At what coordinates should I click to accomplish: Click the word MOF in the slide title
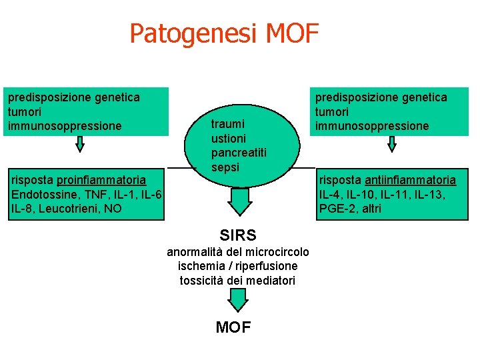(293, 32)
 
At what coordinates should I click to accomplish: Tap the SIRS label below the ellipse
(238, 235)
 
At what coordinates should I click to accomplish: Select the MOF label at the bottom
(233, 327)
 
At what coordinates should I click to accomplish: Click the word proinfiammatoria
(101, 180)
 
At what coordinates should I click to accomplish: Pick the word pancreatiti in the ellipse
(239, 153)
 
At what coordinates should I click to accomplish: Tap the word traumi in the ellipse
(228, 123)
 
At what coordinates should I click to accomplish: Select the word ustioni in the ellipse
(229, 138)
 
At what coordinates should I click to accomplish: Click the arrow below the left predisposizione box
(79, 143)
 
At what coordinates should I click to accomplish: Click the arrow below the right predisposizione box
(392, 143)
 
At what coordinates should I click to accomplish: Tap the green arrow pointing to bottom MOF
(236, 301)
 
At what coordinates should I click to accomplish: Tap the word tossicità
(202, 281)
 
